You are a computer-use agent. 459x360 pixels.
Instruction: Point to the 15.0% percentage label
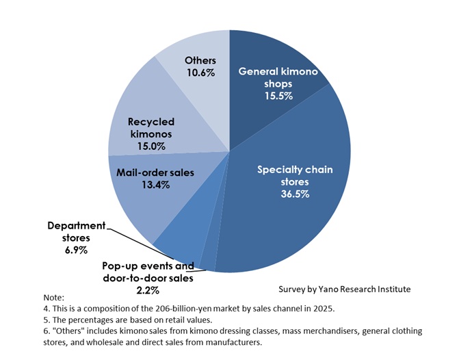(150, 145)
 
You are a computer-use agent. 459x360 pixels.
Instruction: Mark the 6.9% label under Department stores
(77, 250)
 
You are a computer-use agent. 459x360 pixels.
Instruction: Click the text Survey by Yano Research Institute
(345, 290)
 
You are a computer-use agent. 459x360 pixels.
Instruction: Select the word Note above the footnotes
(53, 298)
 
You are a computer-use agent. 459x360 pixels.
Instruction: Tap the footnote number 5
(45, 320)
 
